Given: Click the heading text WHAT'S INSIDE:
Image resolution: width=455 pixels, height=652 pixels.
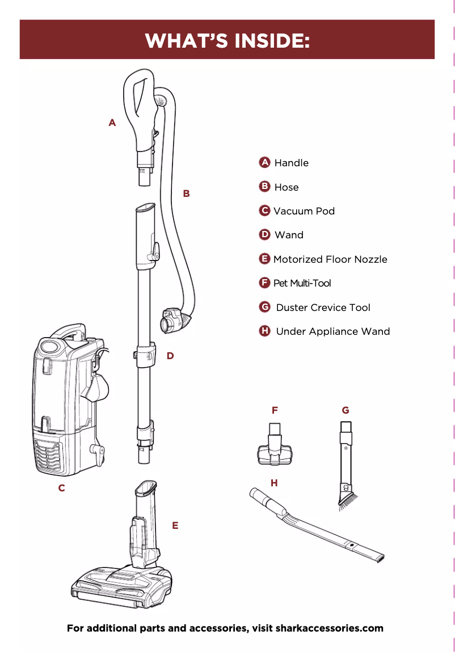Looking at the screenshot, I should (227, 40).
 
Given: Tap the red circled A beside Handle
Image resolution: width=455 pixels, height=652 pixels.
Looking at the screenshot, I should (264, 162).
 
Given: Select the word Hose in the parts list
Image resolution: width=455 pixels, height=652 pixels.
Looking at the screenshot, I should (286, 187).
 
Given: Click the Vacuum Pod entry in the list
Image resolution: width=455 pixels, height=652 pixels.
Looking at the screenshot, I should (304, 211).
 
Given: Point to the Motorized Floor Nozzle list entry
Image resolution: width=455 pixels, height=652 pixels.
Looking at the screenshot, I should (330, 259).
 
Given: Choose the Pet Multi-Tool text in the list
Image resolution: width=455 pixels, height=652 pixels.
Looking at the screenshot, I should (302, 283).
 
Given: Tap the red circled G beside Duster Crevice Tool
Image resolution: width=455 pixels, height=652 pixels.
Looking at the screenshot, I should (264, 307).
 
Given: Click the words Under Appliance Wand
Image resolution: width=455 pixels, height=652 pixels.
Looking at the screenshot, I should (332, 331).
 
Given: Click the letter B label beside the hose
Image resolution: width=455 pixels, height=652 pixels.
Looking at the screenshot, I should (186, 194).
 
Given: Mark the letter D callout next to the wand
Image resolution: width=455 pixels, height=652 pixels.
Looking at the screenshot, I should (170, 356).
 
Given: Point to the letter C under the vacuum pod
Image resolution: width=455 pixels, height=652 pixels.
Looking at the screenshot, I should (61, 488).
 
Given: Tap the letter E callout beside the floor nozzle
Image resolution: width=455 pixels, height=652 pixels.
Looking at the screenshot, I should (175, 525).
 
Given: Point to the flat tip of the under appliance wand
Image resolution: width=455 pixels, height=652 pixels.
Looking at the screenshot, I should (378, 558).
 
